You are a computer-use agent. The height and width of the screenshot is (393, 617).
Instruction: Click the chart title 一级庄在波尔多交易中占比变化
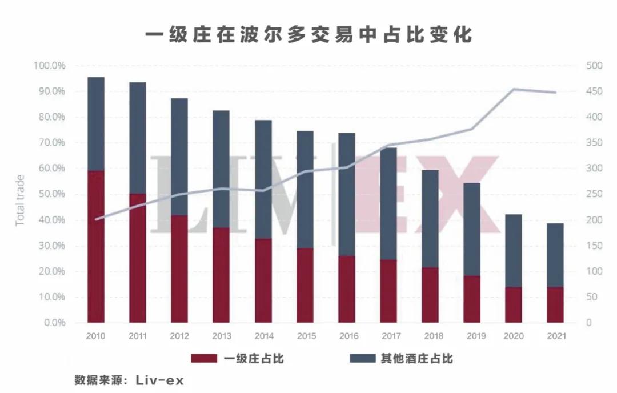click(308, 34)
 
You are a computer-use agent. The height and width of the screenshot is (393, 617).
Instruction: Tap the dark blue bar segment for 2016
click(347, 194)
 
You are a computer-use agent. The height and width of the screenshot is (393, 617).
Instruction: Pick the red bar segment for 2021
click(555, 305)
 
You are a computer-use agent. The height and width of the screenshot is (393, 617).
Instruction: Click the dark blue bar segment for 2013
click(222, 169)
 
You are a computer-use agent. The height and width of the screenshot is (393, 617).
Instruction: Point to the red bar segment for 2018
click(430, 295)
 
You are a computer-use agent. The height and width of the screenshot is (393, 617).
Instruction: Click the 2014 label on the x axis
click(263, 336)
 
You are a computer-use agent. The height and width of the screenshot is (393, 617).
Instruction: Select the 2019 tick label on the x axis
click(472, 336)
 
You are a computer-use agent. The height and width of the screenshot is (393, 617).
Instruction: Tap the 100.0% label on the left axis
click(50, 66)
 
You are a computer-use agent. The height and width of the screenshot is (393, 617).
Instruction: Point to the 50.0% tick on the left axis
click(51, 194)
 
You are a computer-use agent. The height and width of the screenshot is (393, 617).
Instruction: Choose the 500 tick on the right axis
click(594, 66)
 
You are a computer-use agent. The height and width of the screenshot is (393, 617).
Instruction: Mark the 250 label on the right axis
click(594, 194)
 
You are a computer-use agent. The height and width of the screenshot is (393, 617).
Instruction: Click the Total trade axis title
click(21, 194)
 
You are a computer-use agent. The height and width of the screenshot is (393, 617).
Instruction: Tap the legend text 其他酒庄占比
click(417, 359)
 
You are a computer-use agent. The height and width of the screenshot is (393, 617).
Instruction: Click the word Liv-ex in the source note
click(161, 380)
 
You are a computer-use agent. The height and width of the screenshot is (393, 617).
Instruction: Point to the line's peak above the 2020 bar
click(514, 89)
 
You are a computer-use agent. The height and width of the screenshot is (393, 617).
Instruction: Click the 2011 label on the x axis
click(138, 336)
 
